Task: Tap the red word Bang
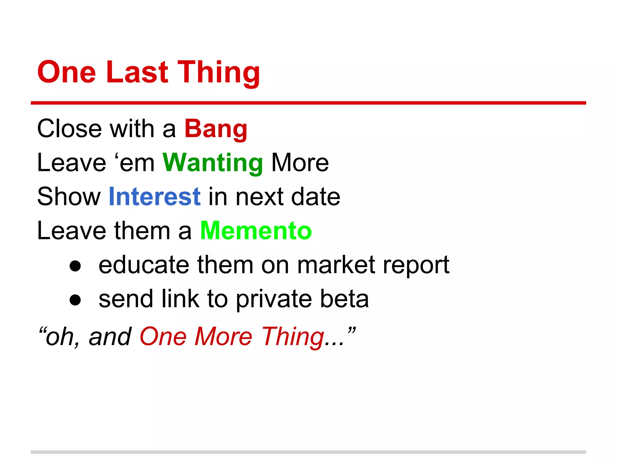click(x=216, y=129)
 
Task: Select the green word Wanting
click(x=213, y=163)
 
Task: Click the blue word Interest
click(x=155, y=197)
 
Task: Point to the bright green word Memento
click(x=256, y=231)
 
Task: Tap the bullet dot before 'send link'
click(x=75, y=300)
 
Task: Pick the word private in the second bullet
click(x=274, y=299)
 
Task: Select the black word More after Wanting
click(x=300, y=163)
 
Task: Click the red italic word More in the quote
click(x=223, y=336)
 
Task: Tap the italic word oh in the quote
click(x=59, y=337)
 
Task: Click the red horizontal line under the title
click(x=308, y=103)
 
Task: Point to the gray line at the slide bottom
click(x=308, y=452)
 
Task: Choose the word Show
click(x=69, y=197)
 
